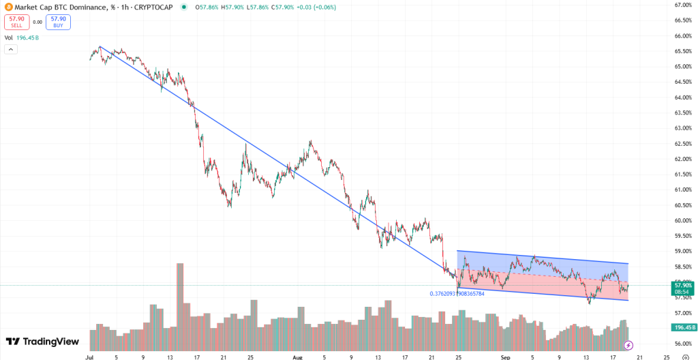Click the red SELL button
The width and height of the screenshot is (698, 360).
16,22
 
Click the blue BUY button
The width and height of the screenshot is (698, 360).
59,22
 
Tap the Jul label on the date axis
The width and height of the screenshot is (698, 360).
89,356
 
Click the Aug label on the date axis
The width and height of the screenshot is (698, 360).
297,356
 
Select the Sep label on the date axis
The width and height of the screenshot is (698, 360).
504,356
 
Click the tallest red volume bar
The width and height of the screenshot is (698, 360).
180,297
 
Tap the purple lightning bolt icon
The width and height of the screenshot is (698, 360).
628,345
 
